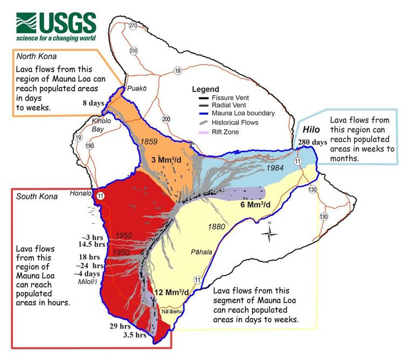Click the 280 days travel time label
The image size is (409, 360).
pyautogui.click(x=312, y=142)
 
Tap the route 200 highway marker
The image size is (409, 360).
pyautogui.click(x=166, y=119)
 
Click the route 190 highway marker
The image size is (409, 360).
pyautogui.click(x=89, y=146)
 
